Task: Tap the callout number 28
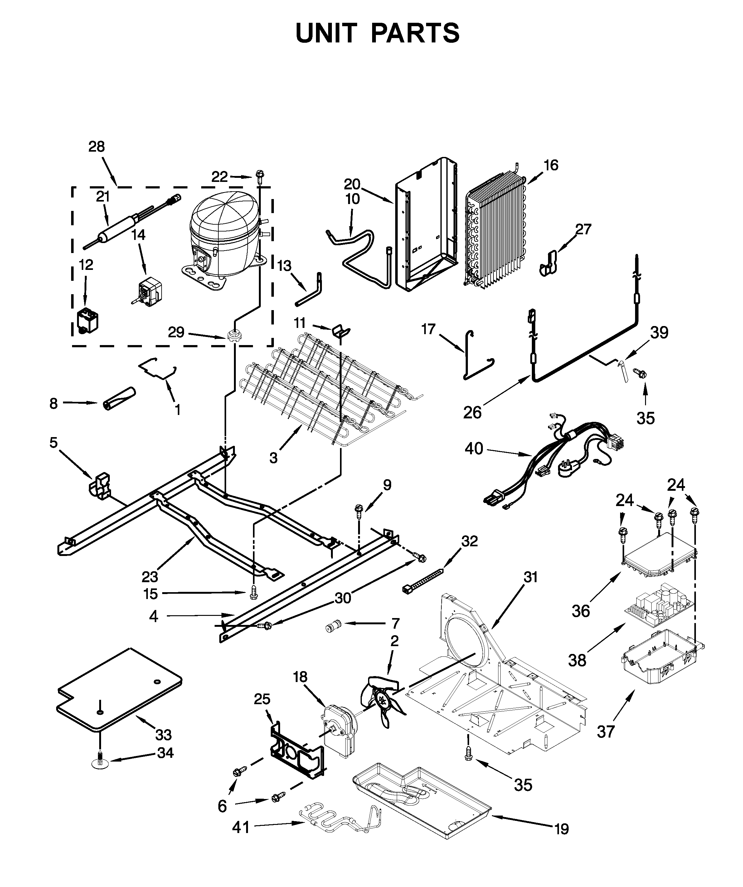coord(96,147)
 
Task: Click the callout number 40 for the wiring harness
coord(473,449)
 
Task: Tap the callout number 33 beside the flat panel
coord(163,735)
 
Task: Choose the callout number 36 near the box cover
coord(581,611)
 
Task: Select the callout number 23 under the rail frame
coord(150,577)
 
